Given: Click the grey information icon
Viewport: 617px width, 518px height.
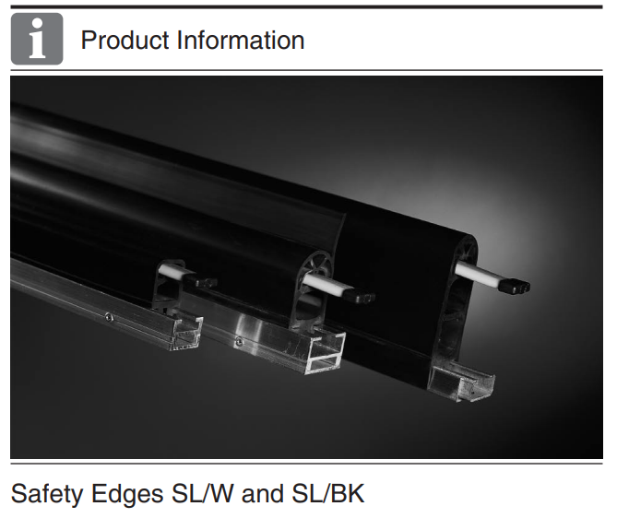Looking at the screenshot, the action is (x=37, y=39).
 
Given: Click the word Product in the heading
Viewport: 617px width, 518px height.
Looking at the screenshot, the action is (x=125, y=41).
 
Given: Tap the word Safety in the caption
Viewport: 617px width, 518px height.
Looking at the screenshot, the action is (x=47, y=494).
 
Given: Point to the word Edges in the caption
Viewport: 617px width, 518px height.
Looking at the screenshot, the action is (x=127, y=494).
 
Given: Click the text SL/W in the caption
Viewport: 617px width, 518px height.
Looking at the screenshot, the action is (x=203, y=494).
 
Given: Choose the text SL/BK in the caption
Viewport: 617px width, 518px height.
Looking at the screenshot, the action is (x=327, y=494).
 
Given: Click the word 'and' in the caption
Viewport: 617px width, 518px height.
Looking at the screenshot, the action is (x=263, y=494).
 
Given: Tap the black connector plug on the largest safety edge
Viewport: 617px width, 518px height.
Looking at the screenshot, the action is (x=516, y=286).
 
